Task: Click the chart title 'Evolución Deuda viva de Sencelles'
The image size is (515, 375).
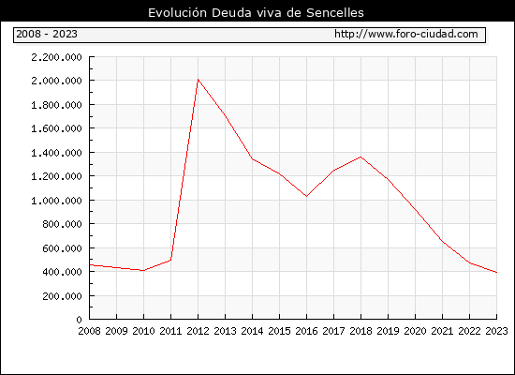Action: [x=256, y=13]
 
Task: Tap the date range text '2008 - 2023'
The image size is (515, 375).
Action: [x=47, y=34]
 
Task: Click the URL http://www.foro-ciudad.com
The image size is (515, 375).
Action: [x=406, y=34]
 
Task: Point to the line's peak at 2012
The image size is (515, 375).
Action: [x=199, y=80]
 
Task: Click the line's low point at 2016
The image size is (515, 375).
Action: [x=306, y=196]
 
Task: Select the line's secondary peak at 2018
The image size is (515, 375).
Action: [x=360, y=157]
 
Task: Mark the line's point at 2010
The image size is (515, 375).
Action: [x=143, y=271]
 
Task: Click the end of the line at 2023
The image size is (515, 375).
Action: [x=496, y=273]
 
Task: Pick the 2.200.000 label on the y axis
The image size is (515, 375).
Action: [x=56, y=57]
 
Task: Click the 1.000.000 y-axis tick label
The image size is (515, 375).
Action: [x=56, y=201]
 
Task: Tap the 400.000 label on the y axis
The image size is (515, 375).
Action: [x=62, y=272]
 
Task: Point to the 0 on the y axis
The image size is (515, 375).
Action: [x=80, y=320]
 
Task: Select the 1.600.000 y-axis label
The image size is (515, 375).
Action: [x=56, y=128]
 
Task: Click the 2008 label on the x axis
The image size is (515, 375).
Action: [x=89, y=331]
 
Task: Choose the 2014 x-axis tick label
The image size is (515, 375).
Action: [x=252, y=331]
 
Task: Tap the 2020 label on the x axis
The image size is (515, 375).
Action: [x=415, y=331]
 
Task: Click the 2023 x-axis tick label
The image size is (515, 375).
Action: [x=496, y=331]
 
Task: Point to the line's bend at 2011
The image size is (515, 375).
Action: [x=170, y=260]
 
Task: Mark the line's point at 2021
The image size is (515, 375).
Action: [x=442, y=242]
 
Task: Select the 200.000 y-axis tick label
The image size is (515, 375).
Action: [x=62, y=296]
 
